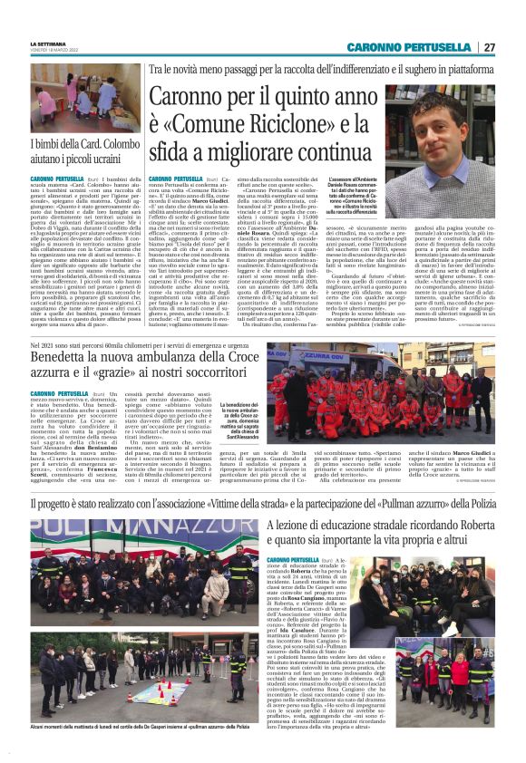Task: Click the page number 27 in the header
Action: tap(489, 47)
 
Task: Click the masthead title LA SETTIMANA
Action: tap(52, 43)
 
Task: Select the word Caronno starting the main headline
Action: tap(187, 96)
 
